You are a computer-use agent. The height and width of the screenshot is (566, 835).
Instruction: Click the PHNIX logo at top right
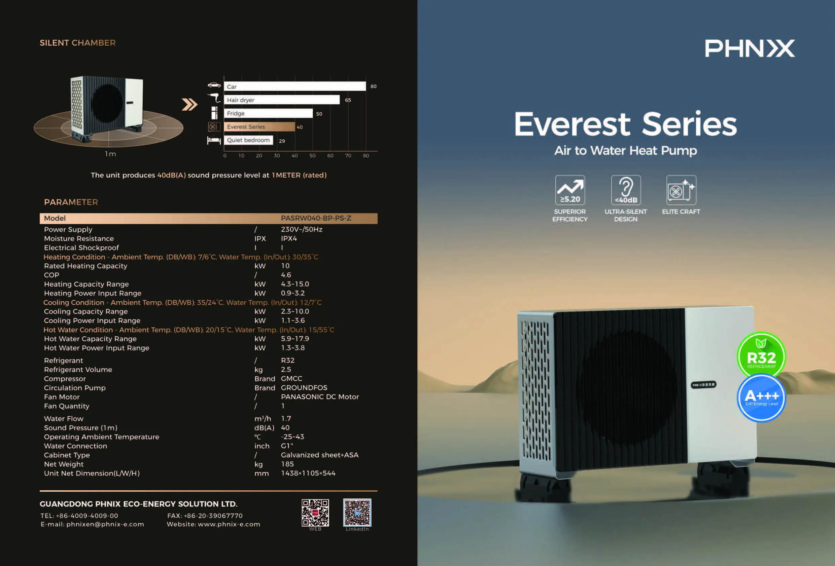tap(750, 48)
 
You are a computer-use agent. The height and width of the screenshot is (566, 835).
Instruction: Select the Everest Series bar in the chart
tap(259, 127)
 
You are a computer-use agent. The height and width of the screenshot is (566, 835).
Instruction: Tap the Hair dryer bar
tap(282, 100)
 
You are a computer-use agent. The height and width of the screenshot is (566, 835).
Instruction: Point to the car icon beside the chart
tap(214, 85)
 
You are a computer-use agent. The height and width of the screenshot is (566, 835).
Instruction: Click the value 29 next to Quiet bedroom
tap(282, 141)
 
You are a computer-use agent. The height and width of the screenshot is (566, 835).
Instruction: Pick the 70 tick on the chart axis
tap(348, 155)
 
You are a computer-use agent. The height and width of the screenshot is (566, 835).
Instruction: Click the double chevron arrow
tap(190, 105)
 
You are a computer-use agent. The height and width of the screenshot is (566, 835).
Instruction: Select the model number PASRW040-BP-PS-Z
tap(316, 218)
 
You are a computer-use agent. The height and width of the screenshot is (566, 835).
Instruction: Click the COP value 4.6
tap(286, 275)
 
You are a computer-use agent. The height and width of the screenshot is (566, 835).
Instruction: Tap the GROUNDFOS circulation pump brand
tap(304, 388)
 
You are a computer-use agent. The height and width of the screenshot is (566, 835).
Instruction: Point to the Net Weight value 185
tap(287, 464)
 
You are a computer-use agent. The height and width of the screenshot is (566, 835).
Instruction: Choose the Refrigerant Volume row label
tap(78, 370)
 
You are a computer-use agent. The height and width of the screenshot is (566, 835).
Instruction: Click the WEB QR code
tap(315, 513)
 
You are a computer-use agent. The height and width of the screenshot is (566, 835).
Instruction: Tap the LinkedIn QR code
tap(357, 513)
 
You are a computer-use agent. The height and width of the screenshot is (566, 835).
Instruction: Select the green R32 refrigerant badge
tap(761, 355)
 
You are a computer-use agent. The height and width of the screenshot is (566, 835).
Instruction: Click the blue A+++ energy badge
tap(761, 398)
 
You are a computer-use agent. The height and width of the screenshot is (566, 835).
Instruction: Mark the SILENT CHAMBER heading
tap(78, 43)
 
